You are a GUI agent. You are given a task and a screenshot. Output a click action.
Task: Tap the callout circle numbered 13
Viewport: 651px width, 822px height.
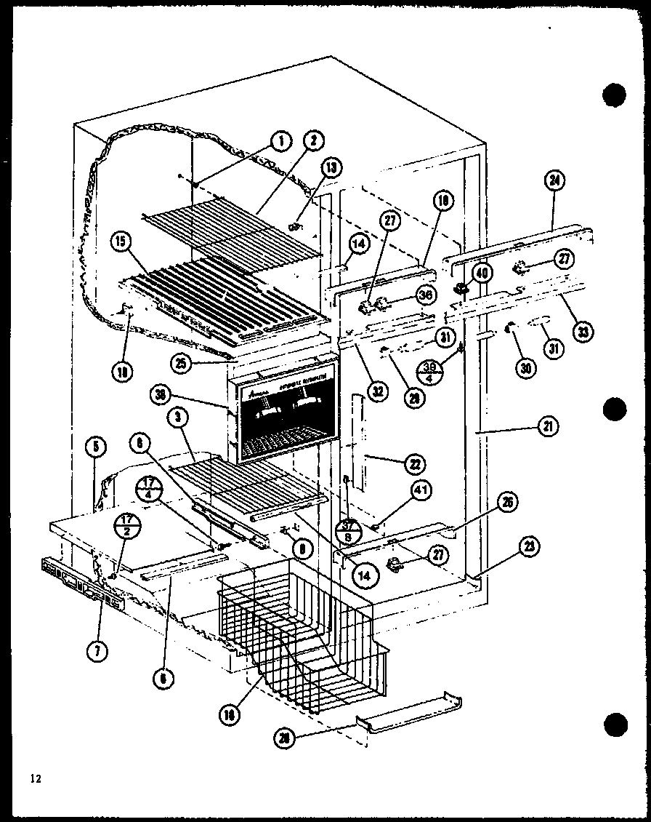(331, 168)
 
